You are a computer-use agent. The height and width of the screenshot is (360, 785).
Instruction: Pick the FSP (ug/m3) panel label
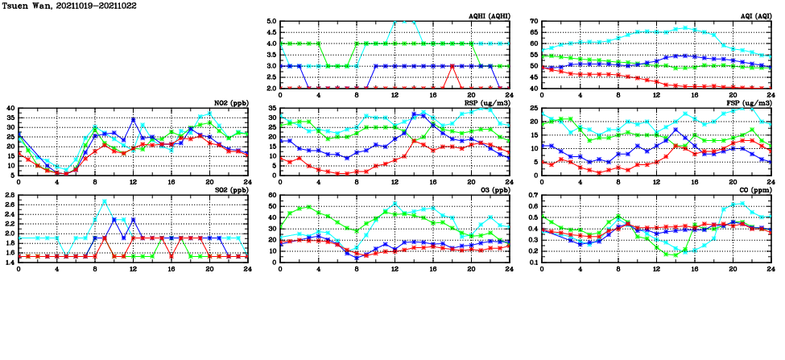click(x=752, y=103)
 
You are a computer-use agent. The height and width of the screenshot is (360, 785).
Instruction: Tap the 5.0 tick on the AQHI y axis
click(x=271, y=22)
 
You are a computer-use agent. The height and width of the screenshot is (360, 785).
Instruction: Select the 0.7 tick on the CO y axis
click(x=532, y=196)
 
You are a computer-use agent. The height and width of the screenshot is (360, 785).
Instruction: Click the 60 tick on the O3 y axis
click(x=272, y=196)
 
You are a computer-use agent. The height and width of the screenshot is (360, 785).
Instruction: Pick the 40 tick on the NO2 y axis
click(x=10, y=109)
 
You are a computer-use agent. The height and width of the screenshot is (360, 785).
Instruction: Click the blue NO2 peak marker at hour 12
click(x=133, y=120)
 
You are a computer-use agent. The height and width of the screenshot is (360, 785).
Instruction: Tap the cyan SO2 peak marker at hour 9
click(x=105, y=201)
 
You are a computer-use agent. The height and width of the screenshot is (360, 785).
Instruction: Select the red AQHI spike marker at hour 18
click(x=456, y=66)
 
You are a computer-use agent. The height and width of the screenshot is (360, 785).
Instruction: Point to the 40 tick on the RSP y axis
click(x=272, y=109)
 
